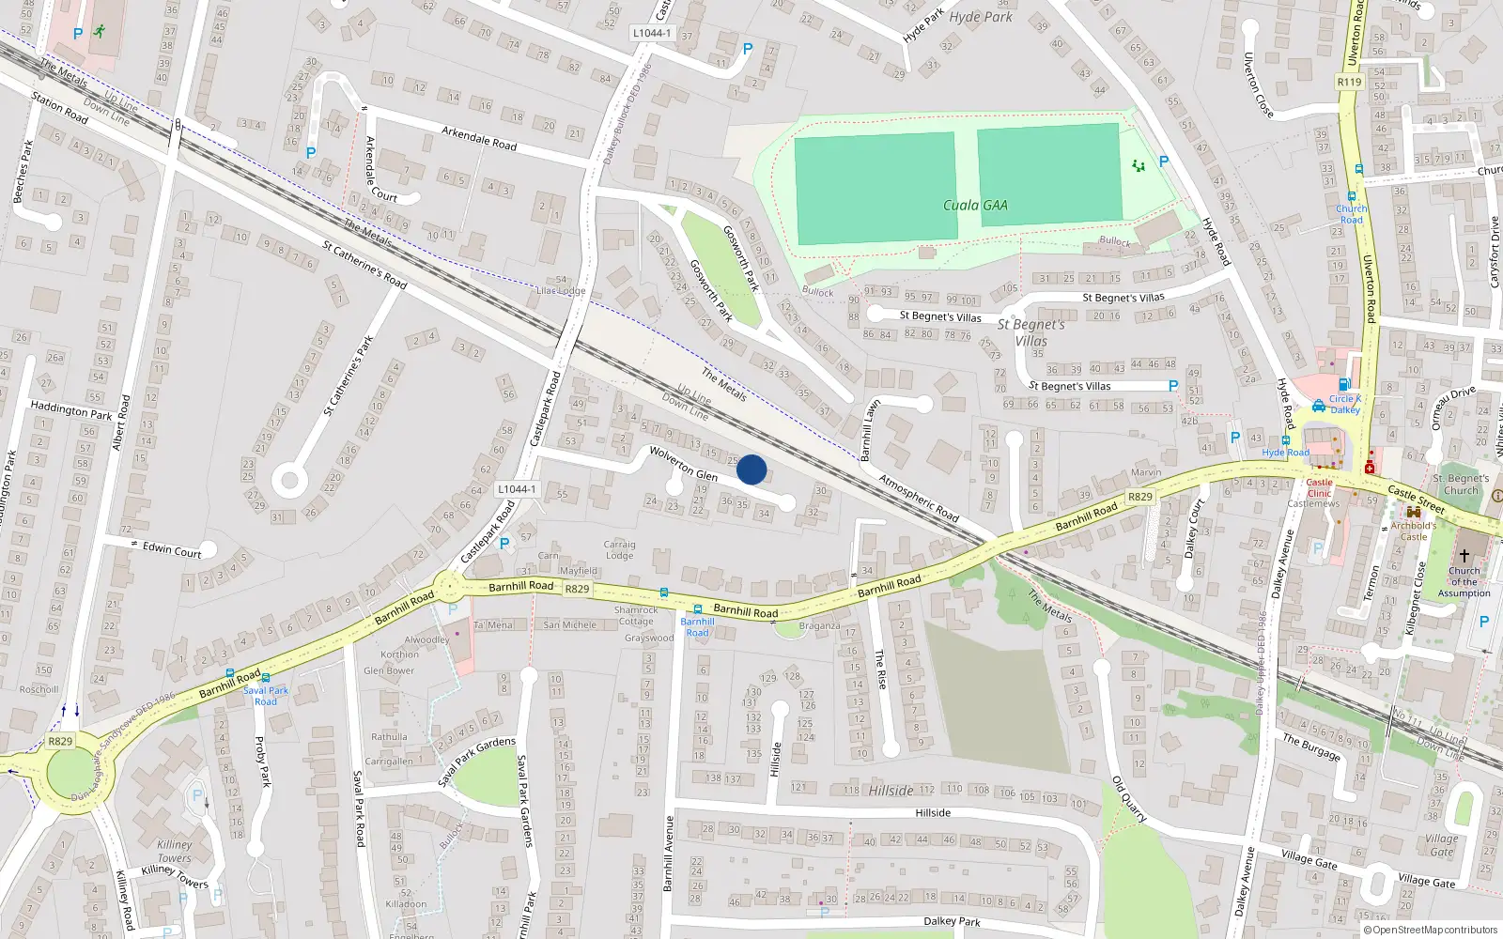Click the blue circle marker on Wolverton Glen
point(751,469)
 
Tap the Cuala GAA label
point(975,205)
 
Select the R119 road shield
point(1349,82)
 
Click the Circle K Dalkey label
point(1345,404)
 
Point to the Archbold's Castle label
point(1413,531)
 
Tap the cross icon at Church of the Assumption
point(1464,555)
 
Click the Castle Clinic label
point(1319,487)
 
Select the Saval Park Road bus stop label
point(266,696)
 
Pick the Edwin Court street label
point(172,549)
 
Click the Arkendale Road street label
point(479,138)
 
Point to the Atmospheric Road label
point(919,498)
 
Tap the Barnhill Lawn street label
point(871,430)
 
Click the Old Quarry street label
point(1129,799)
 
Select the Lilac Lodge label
point(561,290)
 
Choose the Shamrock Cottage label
point(636,615)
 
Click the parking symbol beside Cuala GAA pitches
point(1164,162)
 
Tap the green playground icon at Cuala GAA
point(1139,166)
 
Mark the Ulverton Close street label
point(1259,85)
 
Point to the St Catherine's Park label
point(349,375)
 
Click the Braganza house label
point(819,625)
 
